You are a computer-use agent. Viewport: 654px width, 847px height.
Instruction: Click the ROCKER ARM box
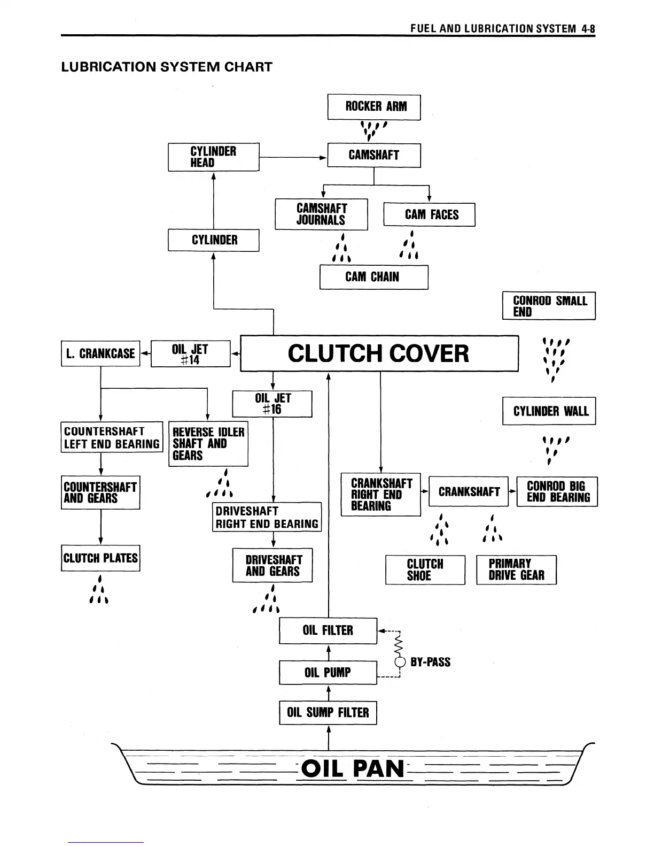(374, 107)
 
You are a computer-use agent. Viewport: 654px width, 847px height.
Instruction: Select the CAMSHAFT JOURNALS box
(321, 214)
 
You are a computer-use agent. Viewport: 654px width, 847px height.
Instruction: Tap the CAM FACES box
(429, 215)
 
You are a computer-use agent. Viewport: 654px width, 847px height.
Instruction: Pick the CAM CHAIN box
(373, 277)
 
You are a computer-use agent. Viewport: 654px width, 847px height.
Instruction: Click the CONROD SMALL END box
(549, 306)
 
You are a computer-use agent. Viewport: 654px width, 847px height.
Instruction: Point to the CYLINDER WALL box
(549, 411)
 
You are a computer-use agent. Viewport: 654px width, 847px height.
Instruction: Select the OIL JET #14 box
(190, 354)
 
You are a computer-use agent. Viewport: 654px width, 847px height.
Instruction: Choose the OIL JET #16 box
(272, 404)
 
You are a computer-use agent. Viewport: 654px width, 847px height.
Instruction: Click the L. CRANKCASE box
(100, 353)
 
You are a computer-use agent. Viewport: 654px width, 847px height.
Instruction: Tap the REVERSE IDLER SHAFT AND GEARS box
(208, 444)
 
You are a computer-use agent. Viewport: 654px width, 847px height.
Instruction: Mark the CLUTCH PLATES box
(100, 558)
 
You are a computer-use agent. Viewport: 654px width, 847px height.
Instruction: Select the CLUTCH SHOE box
(425, 570)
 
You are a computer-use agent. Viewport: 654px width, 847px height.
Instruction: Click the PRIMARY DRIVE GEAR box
(516, 570)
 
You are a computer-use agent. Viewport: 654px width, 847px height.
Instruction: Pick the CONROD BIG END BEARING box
(557, 492)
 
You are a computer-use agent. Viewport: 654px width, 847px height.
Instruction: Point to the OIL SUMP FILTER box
(328, 713)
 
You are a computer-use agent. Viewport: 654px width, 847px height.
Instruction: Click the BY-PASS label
(430, 662)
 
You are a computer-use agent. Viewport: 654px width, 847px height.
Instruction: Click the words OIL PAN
(353, 769)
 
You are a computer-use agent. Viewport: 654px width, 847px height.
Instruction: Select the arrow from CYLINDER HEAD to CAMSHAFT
(293, 158)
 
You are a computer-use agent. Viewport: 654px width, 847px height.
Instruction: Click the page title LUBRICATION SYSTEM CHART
(167, 67)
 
